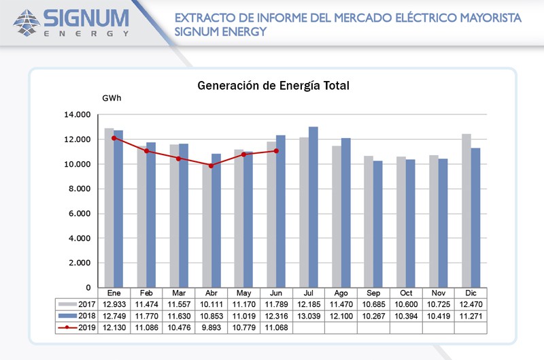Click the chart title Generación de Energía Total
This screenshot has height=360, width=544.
click(273, 86)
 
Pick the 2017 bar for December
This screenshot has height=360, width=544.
click(466, 210)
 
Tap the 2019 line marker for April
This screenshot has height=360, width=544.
click(211, 165)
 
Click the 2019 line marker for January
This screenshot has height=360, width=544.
click(114, 138)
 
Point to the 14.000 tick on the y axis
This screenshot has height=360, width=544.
click(78, 115)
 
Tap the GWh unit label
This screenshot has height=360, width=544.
click(112, 99)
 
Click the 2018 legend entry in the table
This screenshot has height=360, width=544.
click(77, 316)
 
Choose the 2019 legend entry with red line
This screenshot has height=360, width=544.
click(77, 327)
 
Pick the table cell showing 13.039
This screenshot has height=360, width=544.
click(308, 316)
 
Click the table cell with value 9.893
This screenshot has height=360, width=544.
click(211, 327)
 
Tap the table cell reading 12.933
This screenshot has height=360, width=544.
click(114, 304)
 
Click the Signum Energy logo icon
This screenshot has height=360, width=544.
click(27, 22)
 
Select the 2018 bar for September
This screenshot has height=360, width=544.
click(378, 224)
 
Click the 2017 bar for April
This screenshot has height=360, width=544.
click(206, 225)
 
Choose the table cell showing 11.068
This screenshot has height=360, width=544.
click(275, 327)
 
